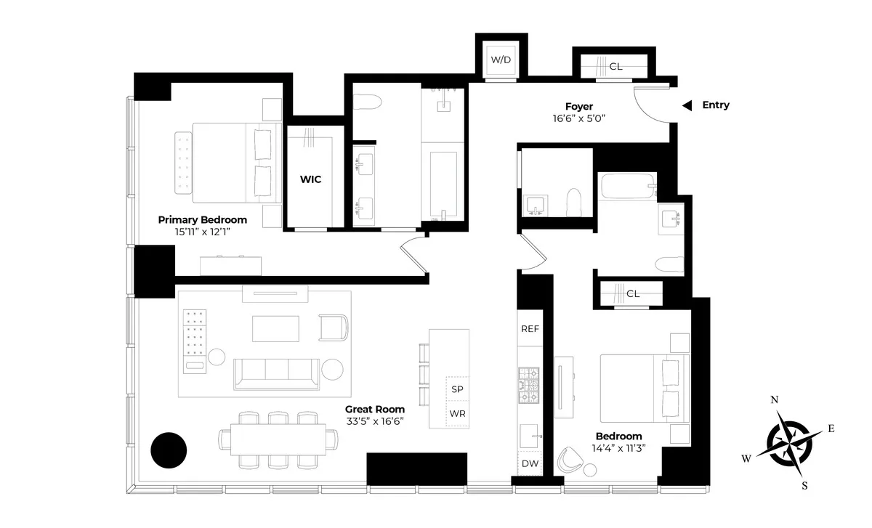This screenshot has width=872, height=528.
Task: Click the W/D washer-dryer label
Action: [x=501, y=60]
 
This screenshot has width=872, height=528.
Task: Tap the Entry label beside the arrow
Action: [x=715, y=105]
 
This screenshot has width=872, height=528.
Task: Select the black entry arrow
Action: [x=687, y=106]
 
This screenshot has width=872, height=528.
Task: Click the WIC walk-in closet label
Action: [x=311, y=179]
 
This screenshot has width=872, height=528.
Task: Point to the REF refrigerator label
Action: [x=530, y=329]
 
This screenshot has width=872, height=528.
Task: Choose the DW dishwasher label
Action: [x=529, y=463]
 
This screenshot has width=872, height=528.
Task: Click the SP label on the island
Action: [x=457, y=389]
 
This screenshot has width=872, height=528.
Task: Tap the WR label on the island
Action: [x=457, y=413]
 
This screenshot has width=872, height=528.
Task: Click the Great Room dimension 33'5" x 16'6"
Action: [x=375, y=421]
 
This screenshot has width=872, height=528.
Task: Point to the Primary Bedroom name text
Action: [x=203, y=219]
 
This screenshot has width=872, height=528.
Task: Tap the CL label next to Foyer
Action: [x=615, y=66]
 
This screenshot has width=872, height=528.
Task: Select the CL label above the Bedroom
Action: [x=633, y=294]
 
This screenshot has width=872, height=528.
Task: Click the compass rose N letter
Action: [x=775, y=400]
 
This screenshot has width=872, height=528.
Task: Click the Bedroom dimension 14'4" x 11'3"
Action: [x=620, y=448]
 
